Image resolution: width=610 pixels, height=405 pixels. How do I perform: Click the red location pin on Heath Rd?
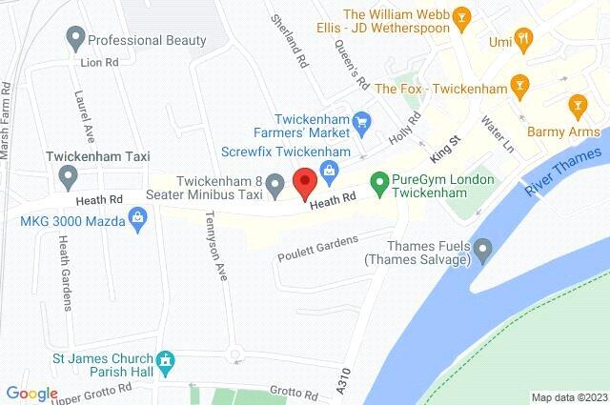point(304,182)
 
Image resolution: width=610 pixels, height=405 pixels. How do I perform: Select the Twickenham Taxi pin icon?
point(68,175)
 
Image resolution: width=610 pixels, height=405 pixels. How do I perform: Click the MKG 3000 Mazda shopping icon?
point(137,219)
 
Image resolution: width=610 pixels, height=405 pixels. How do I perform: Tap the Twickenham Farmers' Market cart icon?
point(361,122)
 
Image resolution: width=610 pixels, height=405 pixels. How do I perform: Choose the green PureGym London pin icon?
point(379,179)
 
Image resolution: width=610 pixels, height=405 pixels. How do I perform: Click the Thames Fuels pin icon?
point(483,252)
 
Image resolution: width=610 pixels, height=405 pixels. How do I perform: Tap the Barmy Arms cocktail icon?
point(576,103)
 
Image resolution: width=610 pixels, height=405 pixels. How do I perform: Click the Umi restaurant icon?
point(522,39)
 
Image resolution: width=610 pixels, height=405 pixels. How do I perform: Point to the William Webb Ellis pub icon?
point(461,15)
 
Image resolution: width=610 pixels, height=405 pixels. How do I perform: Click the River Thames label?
point(562,172)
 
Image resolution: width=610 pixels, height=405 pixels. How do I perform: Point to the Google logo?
point(31,394)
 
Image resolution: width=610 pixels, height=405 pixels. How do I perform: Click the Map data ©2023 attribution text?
point(568,397)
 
